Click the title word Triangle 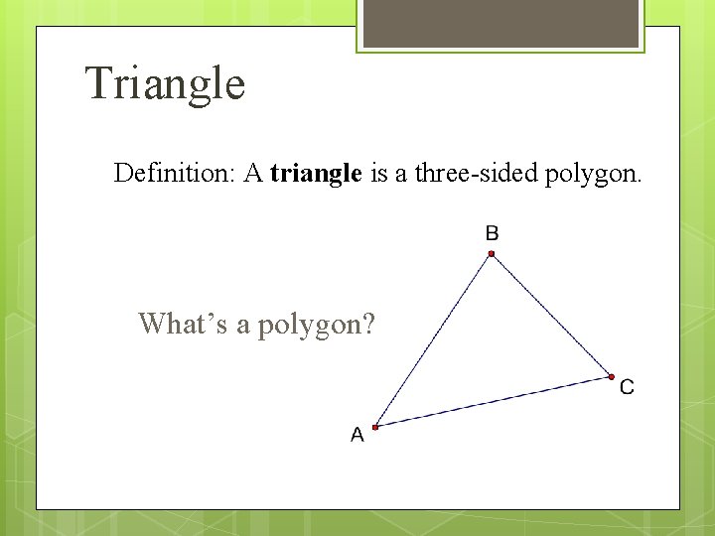coord(165,83)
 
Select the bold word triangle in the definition coord(316,175)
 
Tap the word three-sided coord(476,174)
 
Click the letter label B coord(492,233)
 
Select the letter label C coord(627,387)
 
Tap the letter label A coord(357,435)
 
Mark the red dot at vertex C coord(611,377)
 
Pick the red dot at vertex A coord(375,427)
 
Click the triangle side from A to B coord(433,340)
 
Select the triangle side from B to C coord(551,316)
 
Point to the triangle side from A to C coord(493,402)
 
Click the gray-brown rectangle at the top coord(500,23)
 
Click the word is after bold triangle coord(378,174)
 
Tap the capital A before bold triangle coord(253,174)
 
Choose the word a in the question coord(243,324)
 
